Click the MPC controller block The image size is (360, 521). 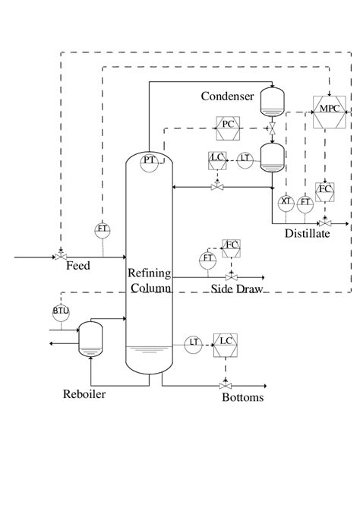click(328, 110)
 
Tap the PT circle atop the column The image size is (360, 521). click(150, 160)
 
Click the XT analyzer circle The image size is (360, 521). click(286, 202)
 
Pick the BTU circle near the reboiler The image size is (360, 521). click(60, 311)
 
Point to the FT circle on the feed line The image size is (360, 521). click(101, 229)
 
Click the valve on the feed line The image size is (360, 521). click(59, 257)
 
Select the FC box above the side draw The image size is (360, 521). click(231, 245)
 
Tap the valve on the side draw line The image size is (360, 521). click(231, 277)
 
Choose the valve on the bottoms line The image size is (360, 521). click(226, 386)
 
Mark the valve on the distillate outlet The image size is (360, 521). click(325, 224)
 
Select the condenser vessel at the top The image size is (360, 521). click(270, 99)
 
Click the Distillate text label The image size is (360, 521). click(307, 234)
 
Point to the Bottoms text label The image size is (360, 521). click(242, 397)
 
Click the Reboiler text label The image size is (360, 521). click(84, 394)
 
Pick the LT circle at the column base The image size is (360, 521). click(194, 343)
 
